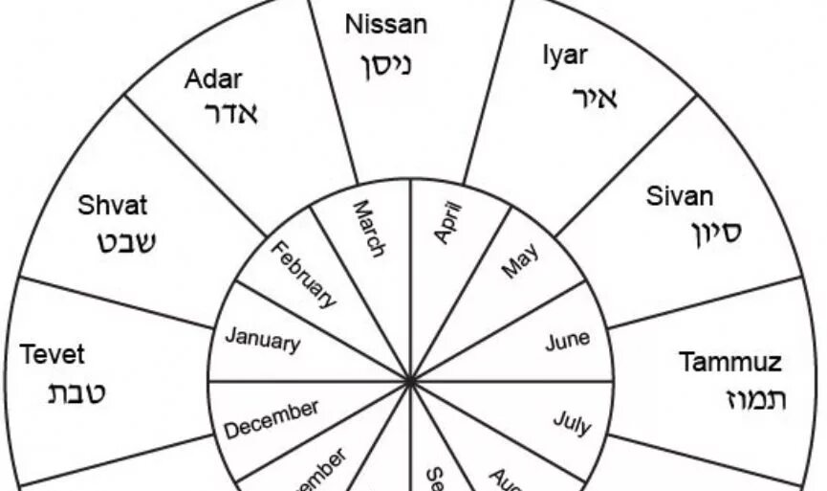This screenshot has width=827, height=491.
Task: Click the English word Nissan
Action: tap(386, 25)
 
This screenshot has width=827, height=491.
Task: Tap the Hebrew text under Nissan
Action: tap(386, 65)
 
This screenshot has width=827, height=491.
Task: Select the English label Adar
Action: tap(213, 78)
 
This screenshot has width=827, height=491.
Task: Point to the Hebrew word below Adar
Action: tap(231, 114)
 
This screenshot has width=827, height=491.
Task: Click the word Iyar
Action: tap(565, 56)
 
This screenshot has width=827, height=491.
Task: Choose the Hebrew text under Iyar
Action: tap(595, 97)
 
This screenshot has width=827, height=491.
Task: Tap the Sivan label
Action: tap(680, 197)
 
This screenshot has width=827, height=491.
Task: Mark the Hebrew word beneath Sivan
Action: tap(715, 232)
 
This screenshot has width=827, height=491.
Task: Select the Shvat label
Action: tap(113, 205)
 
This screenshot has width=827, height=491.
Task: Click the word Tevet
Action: tap(53, 355)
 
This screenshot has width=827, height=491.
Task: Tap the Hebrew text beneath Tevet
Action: tap(77, 392)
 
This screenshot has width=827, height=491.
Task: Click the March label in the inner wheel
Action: tap(368, 228)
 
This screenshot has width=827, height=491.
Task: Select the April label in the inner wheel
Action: tap(446, 222)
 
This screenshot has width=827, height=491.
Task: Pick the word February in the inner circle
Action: tap(304, 275)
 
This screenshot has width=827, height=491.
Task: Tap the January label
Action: tap(262, 339)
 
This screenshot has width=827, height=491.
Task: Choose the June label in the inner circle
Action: tap(567, 341)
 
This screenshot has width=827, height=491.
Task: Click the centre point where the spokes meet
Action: tap(410, 381)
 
